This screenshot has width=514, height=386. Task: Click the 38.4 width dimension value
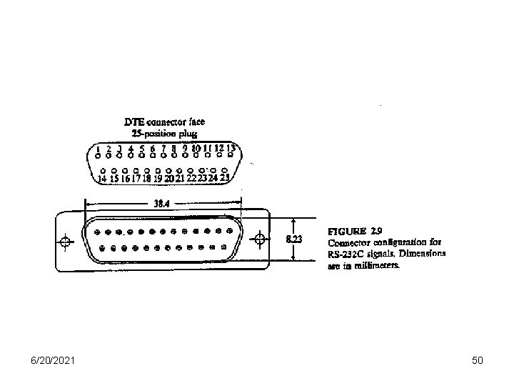tap(163, 202)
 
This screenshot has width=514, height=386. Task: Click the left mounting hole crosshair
tap(66, 241)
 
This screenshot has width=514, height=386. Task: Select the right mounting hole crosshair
tap(261, 239)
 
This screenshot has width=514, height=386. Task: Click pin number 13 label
tap(231, 147)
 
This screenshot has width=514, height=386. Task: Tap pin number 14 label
tap(103, 179)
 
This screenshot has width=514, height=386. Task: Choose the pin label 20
tap(169, 179)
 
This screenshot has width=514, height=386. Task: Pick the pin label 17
tap(136, 179)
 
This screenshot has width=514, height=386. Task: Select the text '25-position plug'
tap(164, 133)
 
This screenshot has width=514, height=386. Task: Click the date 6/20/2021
tap(51, 360)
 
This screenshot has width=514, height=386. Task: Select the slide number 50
tap(478, 360)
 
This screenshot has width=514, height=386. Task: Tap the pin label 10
tap(196, 148)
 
